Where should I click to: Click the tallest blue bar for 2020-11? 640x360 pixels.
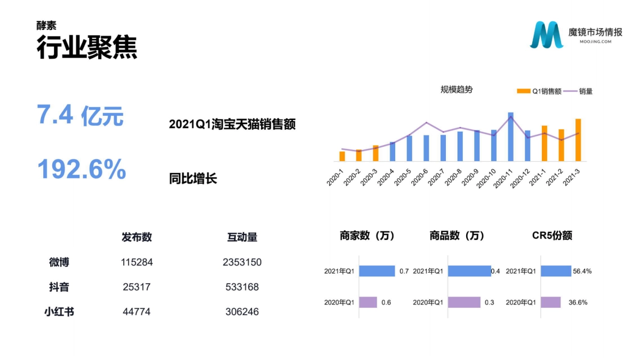click(x=510, y=137)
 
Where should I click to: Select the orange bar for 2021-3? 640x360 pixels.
click(x=578, y=140)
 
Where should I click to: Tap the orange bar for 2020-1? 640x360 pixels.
click(x=342, y=156)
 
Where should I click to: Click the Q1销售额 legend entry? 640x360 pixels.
click(x=539, y=91)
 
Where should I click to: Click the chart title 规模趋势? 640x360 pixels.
click(x=456, y=90)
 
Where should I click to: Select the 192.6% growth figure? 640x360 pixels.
click(x=82, y=170)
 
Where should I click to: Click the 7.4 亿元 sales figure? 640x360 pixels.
click(x=80, y=116)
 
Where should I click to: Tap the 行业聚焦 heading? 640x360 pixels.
click(x=87, y=47)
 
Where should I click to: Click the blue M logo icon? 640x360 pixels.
click(x=546, y=35)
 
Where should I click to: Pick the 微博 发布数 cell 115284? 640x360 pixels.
click(x=137, y=262)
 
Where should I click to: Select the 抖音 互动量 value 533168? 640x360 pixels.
click(x=242, y=287)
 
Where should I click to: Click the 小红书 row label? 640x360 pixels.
click(x=59, y=311)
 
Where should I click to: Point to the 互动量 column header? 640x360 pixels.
click(x=242, y=237)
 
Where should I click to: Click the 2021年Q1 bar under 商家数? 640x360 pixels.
click(x=377, y=271)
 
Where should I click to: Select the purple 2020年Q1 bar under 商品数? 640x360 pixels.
click(x=464, y=302)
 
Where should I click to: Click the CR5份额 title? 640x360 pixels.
click(x=552, y=236)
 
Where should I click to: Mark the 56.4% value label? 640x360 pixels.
click(x=582, y=271)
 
